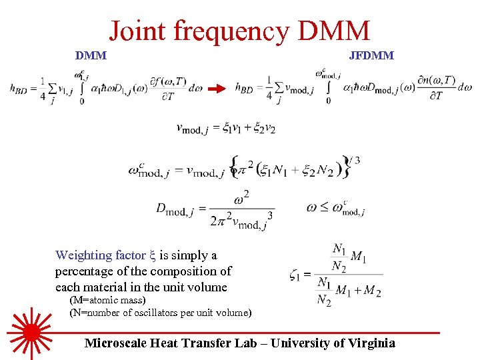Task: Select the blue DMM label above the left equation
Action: point(91,55)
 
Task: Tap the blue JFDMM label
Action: point(371,55)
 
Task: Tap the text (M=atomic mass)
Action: point(107,301)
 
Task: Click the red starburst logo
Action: point(31,331)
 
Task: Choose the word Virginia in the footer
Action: point(372,343)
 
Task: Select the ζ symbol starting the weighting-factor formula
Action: point(295,273)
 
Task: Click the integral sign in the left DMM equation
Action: point(82,87)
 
